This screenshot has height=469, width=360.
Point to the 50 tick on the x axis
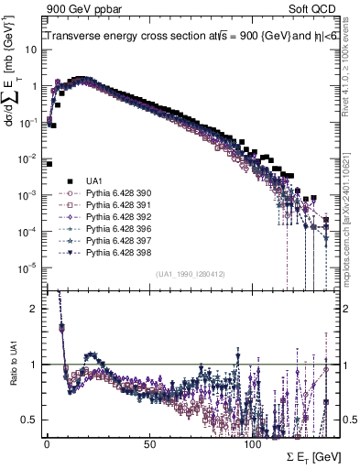(x=149, y=442)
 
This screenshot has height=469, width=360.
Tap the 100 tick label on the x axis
(x=252, y=442)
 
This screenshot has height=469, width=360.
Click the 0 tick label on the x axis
(x=47, y=442)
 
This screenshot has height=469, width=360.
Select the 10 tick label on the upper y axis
(x=31, y=50)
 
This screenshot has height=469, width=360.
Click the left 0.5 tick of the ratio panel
(x=29, y=420)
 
